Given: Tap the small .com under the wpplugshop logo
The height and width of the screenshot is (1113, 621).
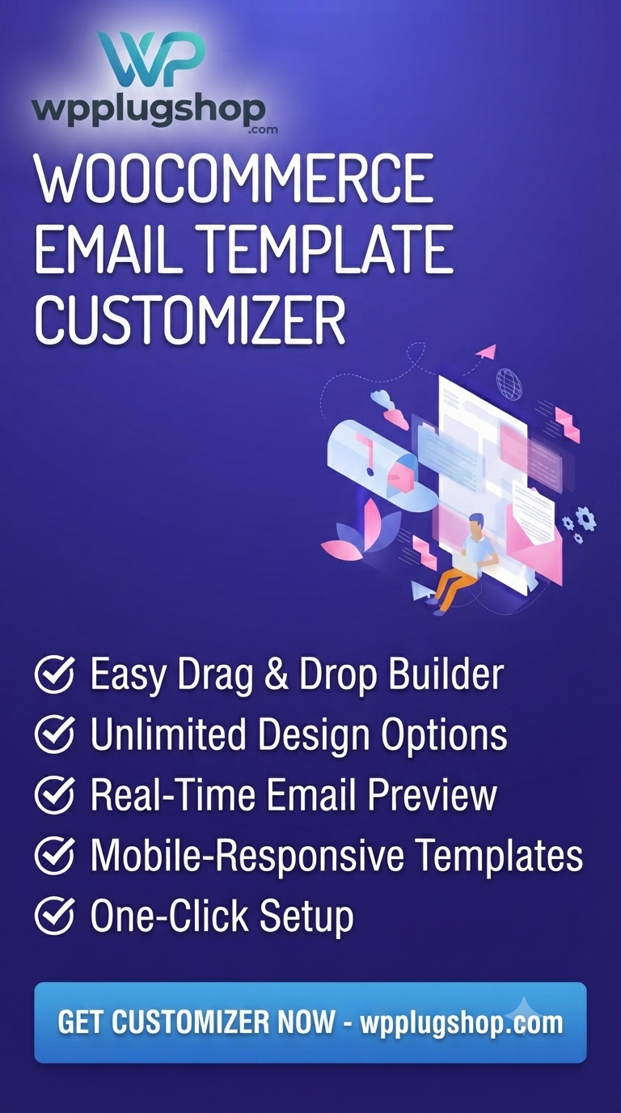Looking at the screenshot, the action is [x=264, y=129].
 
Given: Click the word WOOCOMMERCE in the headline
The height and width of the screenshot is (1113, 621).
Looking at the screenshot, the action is [x=234, y=179].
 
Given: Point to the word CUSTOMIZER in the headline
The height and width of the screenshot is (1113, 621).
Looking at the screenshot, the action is [x=190, y=319].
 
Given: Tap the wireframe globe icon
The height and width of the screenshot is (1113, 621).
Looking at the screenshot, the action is [x=509, y=382].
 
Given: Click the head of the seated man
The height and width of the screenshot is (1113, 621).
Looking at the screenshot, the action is [x=476, y=523].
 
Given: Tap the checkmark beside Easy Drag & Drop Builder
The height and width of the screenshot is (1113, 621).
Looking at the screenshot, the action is [x=55, y=674].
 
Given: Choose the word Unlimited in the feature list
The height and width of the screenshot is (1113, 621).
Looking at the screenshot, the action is [x=168, y=734].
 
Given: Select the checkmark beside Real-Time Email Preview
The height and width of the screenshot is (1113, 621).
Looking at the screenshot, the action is [x=55, y=793].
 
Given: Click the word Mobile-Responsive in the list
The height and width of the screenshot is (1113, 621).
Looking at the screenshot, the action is [x=247, y=856].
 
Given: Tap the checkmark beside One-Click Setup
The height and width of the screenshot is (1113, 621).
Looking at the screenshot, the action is [x=55, y=915].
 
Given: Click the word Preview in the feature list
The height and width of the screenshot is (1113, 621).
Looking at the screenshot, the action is [x=433, y=794].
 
